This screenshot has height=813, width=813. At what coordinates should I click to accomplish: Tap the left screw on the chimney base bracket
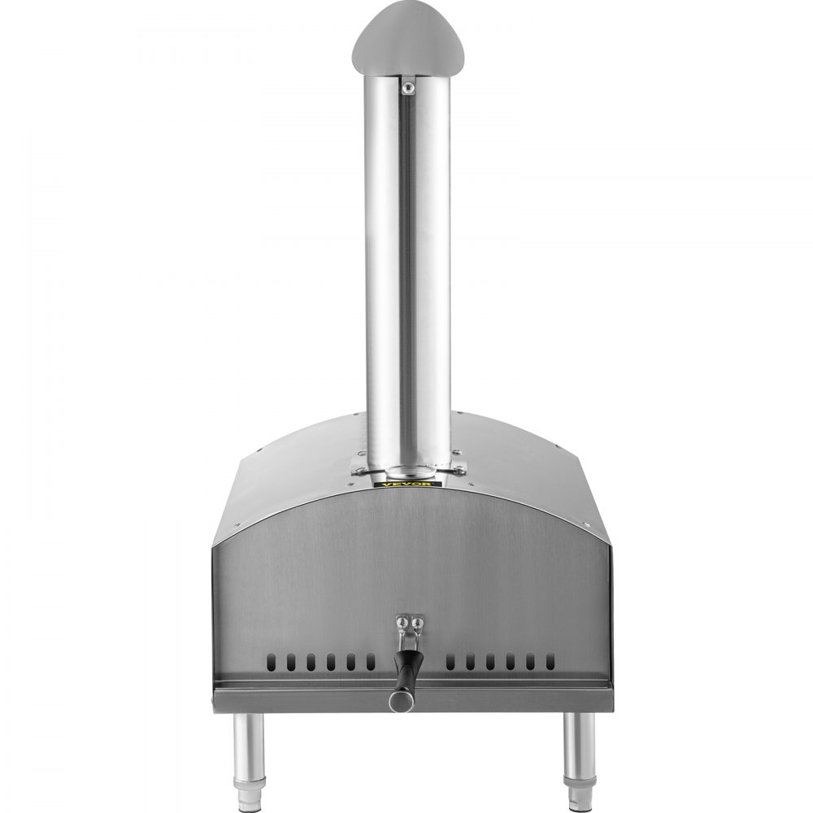355,467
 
